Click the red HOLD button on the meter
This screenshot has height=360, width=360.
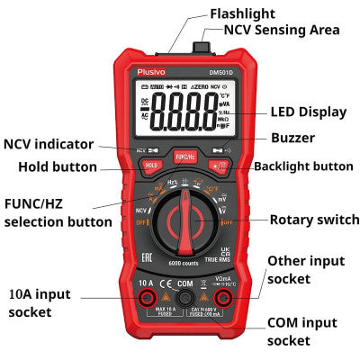151,165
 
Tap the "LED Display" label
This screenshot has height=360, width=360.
308,112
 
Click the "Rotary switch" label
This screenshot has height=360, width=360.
314,220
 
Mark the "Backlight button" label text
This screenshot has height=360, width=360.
303,166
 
